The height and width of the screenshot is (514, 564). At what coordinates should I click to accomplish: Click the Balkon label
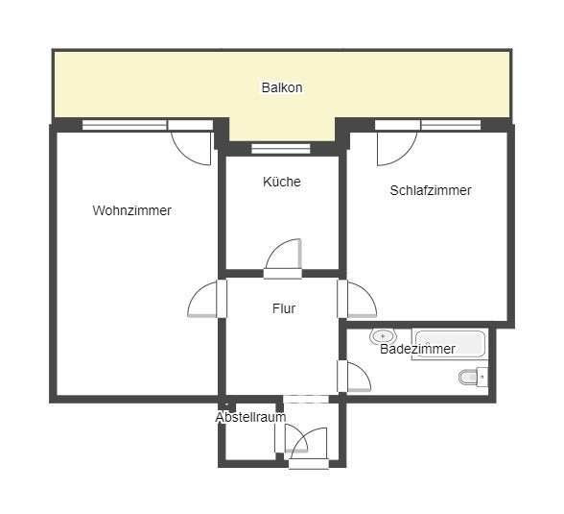click(x=282, y=87)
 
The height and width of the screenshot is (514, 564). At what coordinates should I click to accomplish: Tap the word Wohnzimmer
click(x=132, y=210)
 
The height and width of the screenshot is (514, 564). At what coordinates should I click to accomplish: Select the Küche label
click(x=282, y=182)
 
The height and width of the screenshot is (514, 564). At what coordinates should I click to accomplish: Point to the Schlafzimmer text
click(x=431, y=190)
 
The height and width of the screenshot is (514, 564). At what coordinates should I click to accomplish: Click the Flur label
click(x=283, y=308)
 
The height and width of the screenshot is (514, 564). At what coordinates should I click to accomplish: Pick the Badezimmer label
click(x=417, y=349)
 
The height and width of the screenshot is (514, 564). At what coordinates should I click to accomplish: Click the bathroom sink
click(x=384, y=337)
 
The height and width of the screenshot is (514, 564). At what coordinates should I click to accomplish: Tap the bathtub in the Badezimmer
click(x=450, y=343)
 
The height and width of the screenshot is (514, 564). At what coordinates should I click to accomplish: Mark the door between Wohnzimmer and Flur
click(x=207, y=300)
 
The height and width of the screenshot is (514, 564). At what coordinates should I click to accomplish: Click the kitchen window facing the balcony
click(x=281, y=149)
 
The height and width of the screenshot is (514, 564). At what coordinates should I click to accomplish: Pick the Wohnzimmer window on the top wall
click(x=125, y=125)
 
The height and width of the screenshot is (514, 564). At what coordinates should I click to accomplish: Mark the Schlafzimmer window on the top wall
click(x=451, y=125)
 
